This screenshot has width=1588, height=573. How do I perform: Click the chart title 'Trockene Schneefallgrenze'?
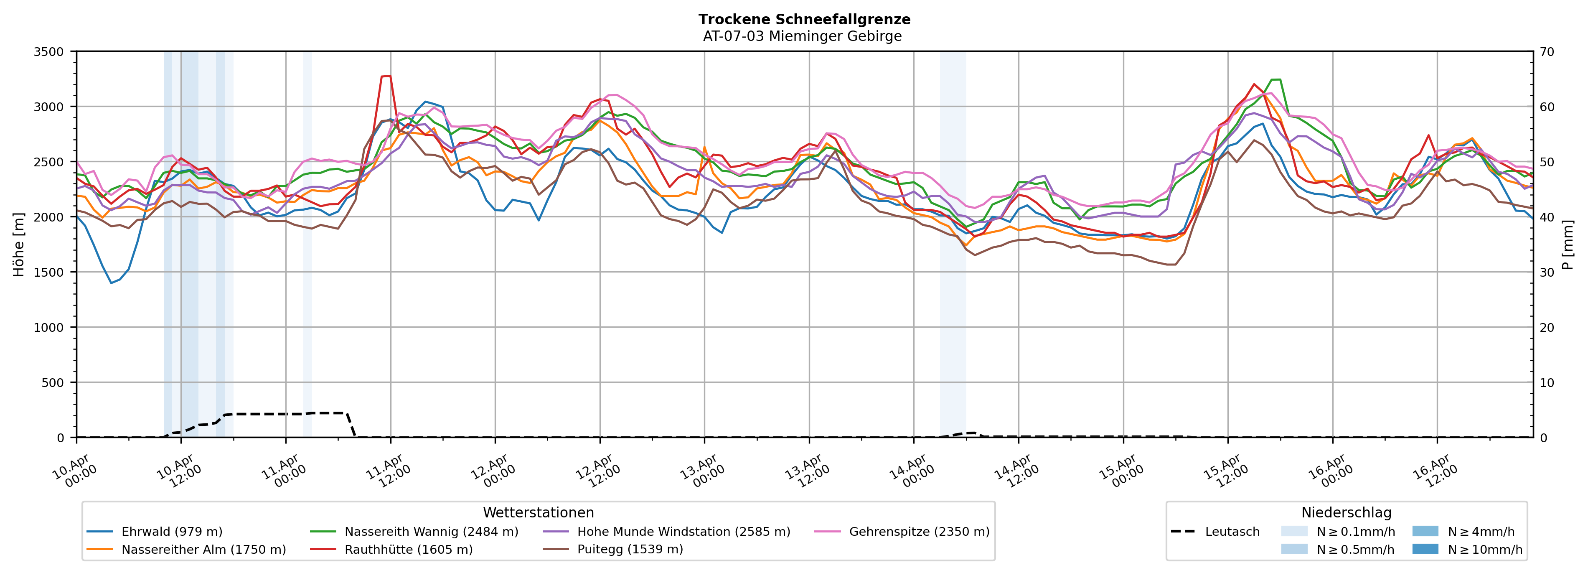804,19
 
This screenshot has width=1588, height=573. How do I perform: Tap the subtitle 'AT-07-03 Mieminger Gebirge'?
802,36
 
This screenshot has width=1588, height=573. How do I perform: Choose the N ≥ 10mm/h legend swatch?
1425,549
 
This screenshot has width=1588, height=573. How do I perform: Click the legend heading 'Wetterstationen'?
538,512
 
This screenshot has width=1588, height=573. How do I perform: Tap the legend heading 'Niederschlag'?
1347,512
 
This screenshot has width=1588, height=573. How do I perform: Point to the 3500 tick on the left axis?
49,52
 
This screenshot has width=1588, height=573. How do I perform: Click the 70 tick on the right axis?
1547,52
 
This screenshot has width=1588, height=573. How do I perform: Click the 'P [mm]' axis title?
1568,244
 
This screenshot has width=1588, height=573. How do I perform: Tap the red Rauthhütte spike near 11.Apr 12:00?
386,76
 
